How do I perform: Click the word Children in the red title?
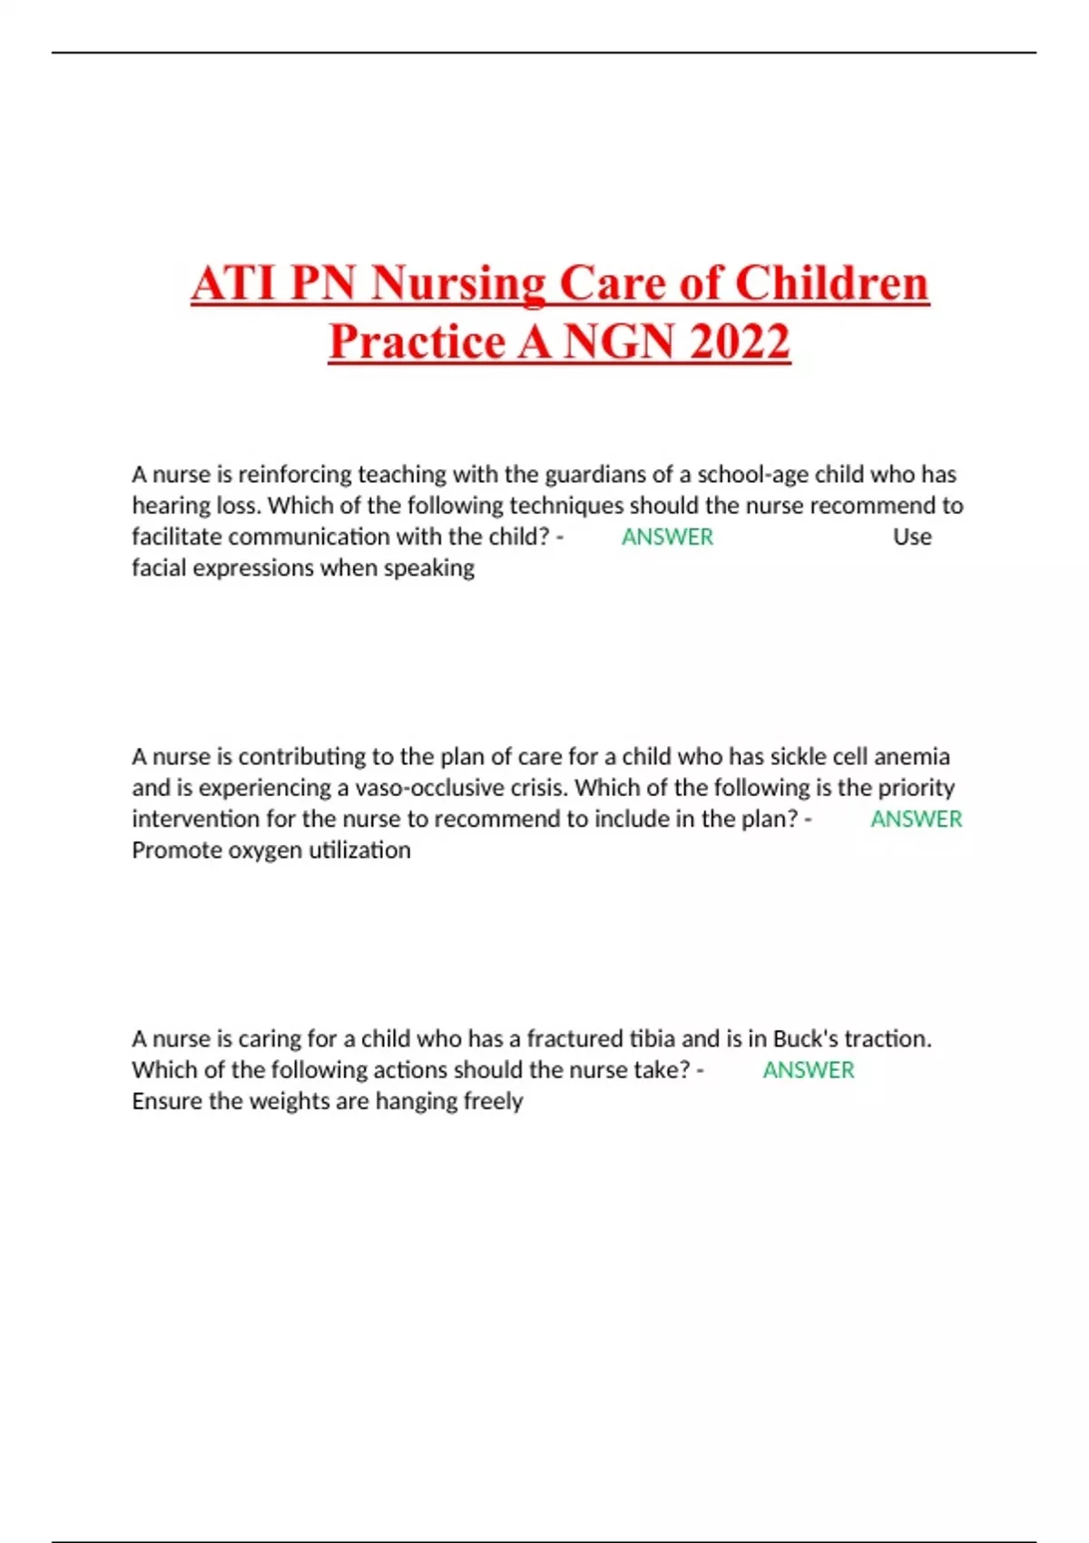pos(831,283)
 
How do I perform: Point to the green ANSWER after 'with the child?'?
pos(667,536)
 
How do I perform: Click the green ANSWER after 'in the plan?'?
pos(916,819)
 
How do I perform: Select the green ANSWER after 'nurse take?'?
pos(808,1070)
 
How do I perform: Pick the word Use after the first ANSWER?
pos(912,536)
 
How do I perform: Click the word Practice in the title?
pos(417,341)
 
